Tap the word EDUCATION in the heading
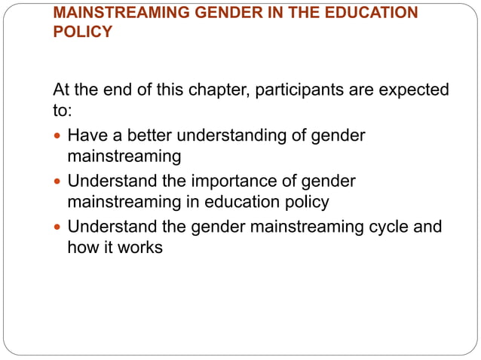coord(372,14)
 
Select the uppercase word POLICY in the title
coord(82,33)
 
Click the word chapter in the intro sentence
coord(216,91)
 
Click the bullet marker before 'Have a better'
coord(58,137)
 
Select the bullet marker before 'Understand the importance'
coord(58,182)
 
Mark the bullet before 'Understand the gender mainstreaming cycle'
coord(58,227)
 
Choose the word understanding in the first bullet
coord(235,136)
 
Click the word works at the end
coord(141,246)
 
